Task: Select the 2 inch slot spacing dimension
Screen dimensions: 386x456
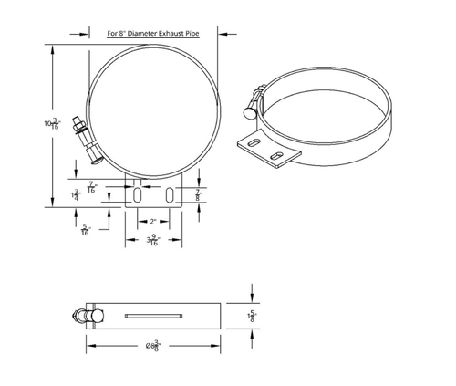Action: coord(154,220)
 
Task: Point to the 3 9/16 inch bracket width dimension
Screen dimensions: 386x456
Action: coord(154,241)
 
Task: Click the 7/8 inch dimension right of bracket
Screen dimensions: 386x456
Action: coord(197,193)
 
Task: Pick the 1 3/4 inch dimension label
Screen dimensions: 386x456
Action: coord(77,195)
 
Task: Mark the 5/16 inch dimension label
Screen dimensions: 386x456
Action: coord(84,231)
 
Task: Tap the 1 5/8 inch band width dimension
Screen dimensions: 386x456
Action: coord(250,316)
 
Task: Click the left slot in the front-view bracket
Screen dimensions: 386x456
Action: coord(135,194)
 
